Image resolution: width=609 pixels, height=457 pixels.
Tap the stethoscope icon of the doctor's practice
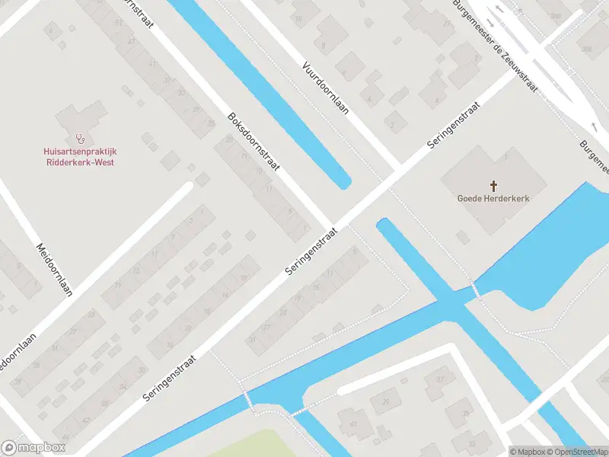(79, 139)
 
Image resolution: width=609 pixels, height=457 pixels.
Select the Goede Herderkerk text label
(493, 198)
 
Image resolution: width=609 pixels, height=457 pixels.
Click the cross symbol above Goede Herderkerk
(493, 185)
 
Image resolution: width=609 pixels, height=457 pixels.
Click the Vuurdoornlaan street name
(325, 88)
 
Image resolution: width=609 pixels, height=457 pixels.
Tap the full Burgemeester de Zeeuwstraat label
(495, 46)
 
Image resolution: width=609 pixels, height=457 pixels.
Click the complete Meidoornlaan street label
(54, 269)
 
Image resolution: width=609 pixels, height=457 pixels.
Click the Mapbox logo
(33, 448)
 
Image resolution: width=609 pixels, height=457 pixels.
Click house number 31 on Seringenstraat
(252, 339)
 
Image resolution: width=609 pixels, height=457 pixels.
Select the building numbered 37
(438, 379)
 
